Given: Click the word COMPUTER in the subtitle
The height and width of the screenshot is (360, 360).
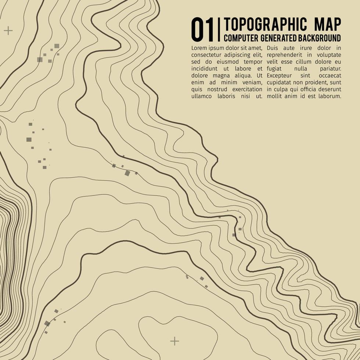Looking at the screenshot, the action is [241, 38].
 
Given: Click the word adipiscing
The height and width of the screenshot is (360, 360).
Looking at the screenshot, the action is [238, 55].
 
